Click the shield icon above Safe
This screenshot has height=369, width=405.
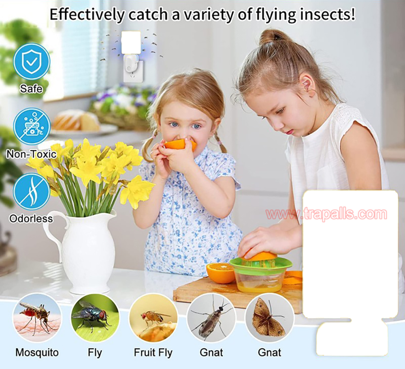click(32, 62)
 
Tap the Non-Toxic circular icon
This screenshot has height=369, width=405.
click(32, 127)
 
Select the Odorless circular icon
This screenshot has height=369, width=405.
click(32, 192)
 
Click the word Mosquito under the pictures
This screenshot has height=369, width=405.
click(37, 352)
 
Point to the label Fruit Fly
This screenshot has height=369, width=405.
click(153, 353)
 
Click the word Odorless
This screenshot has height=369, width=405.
click(31, 219)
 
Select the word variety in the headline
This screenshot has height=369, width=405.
click(209, 15)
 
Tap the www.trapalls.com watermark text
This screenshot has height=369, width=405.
click(326, 214)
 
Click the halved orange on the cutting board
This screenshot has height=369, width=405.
click(221, 273)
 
